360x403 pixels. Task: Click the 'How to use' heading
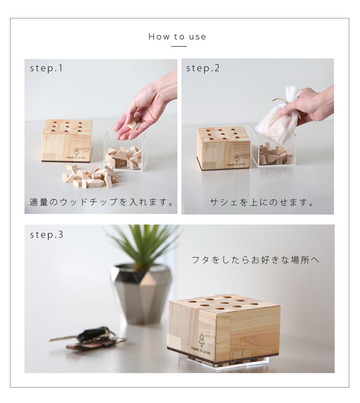(177, 37)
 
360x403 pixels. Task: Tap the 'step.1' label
(46, 68)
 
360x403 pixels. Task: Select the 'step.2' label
(203, 68)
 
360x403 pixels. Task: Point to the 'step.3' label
(46, 235)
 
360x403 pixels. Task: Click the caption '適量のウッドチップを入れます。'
(102, 202)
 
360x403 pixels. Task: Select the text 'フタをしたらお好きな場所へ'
(255, 260)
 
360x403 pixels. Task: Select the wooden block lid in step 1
(67, 140)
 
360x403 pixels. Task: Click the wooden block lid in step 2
(223, 148)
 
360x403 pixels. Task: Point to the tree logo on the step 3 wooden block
(202, 340)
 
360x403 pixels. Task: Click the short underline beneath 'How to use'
(179, 46)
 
